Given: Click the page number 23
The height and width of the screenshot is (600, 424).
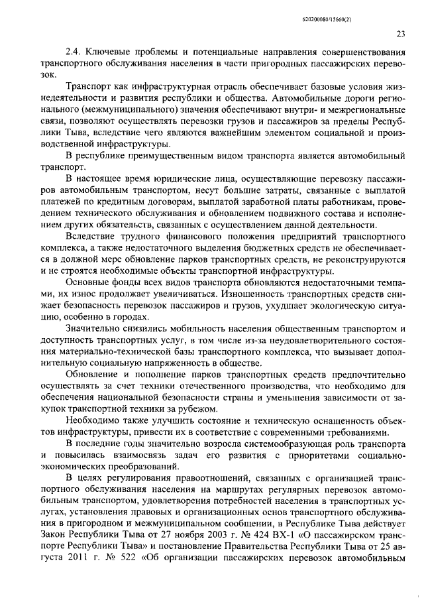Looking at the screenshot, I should (x=401, y=34).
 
